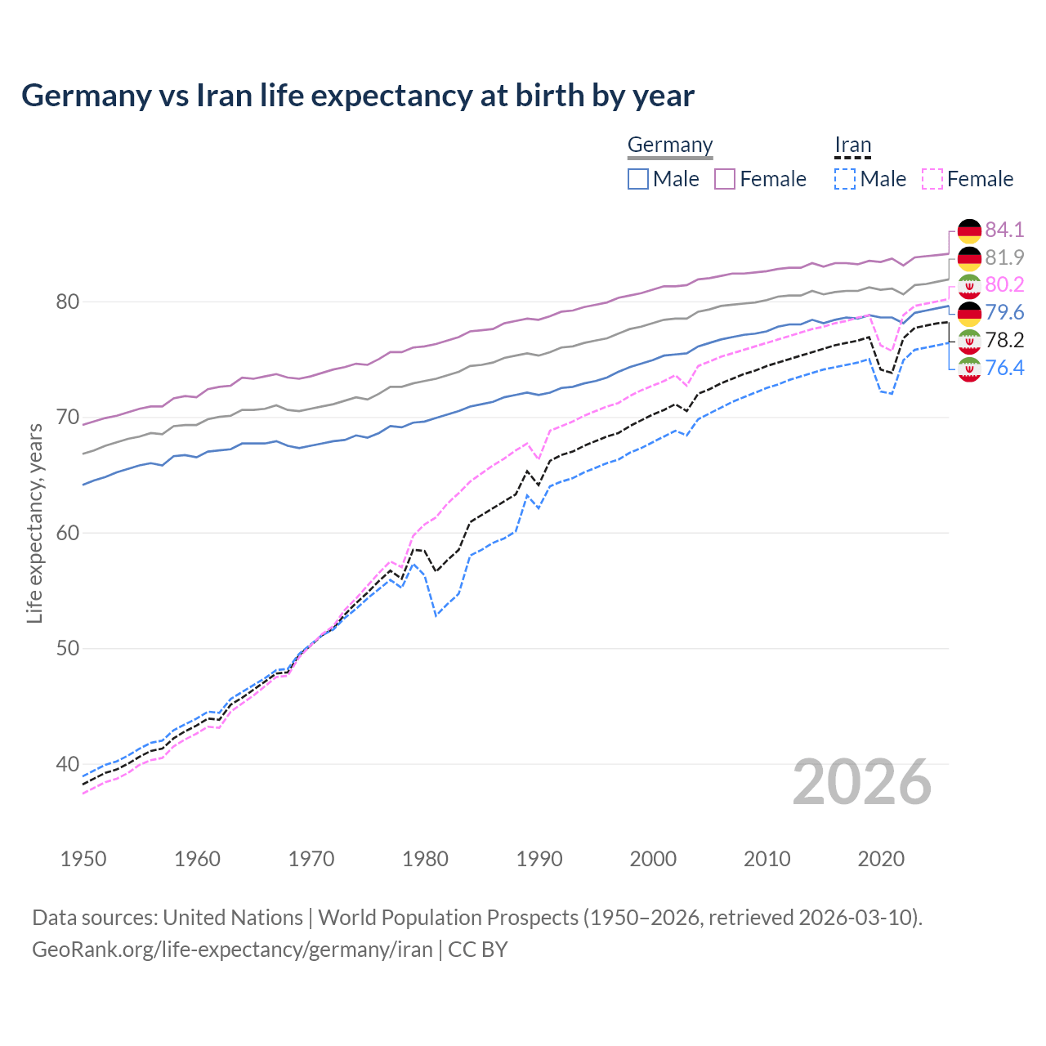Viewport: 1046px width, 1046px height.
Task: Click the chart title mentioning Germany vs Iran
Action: pyautogui.click(x=358, y=96)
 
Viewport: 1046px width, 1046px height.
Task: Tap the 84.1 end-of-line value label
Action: pyautogui.click(x=1004, y=230)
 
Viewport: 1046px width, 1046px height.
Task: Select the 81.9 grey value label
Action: pyautogui.click(x=1004, y=257)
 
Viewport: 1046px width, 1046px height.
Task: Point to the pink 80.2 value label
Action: pyautogui.click(x=1004, y=284)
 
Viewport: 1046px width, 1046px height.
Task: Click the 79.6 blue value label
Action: pyautogui.click(x=1004, y=312)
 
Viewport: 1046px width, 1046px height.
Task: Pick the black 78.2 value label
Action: pyautogui.click(x=1004, y=340)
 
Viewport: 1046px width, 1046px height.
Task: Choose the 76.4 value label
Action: pyautogui.click(x=1004, y=368)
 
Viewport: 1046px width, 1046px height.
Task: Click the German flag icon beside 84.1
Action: pyautogui.click(x=969, y=230)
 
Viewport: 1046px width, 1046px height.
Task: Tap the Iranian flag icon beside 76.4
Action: pyautogui.click(x=969, y=369)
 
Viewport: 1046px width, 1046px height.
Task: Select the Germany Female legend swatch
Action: pyautogui.click(x=725, y=179)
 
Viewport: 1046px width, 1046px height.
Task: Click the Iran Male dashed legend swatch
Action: pyautogui.click(x=845, y=179)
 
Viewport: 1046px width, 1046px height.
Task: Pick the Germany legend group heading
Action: pyautogui.click(x=670, y=145)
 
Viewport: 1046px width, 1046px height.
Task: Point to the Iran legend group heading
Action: pyautogui.click(x=852, y=145)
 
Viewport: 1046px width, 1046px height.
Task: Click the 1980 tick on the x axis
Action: pyautogui.click(x=425, y=859)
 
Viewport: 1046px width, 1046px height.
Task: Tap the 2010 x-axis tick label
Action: pyautogui.click(x=767, y=859)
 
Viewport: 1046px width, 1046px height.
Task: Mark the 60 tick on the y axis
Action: pyautogui.click(x=67, y=533)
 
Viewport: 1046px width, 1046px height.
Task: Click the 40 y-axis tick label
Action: pyautogui.click(x=67, y=764)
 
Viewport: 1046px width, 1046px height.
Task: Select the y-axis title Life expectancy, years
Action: pyautogui.click(x=34, y=523)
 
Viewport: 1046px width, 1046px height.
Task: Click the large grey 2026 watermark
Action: pyautogui.click(x=862, y=782)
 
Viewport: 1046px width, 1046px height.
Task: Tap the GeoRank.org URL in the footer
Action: pyautogui.click(x=232, y=950)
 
